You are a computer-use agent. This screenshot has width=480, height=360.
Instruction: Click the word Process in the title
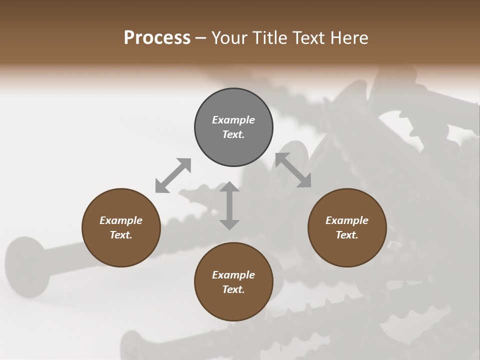pyautogui.click(x=157, y=38)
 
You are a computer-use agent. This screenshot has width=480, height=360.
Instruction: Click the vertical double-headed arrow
pyautogui.click(x=229, y=205)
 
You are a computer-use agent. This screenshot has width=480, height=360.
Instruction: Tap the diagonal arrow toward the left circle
pyautogui.click(x=173, y=175)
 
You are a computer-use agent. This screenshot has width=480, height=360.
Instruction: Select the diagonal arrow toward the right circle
pyautogui.click(x=293, y=170)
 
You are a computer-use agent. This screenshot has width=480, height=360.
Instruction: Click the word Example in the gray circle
pyautogui.click(x=233, y=120)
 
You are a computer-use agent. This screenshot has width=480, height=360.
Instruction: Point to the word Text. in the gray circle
pyautogui.click(x=233, y=134)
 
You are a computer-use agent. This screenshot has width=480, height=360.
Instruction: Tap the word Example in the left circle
pyautogui.click(x=121, y=220)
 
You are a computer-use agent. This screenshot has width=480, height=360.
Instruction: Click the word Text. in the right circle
pyautogui.click(x=347, y=235)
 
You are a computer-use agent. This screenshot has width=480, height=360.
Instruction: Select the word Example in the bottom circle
pyautogui.click(x=233, y=275)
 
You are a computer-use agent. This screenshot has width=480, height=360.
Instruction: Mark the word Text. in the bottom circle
pyautogui.click(x=233, y=289)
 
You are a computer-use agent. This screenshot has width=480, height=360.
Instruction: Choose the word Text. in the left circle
pyautogui.click(x=121, y=235)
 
